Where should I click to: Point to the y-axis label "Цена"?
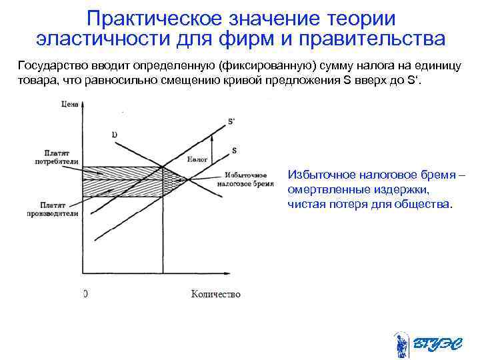(x=69, y=104)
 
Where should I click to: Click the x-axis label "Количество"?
(x=215, y=294)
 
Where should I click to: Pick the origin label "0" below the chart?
(x=85, y=294)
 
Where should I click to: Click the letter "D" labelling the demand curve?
(x=114, y=135)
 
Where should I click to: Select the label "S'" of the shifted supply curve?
(x=231, y=122)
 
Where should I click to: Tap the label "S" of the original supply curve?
(x=234, y=151)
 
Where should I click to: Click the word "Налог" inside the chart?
(x=197, y=160)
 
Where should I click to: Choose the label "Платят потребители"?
(x=58, y=157)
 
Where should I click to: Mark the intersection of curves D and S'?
(x=163, y=167)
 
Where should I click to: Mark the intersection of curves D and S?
(x=189, y=179)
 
